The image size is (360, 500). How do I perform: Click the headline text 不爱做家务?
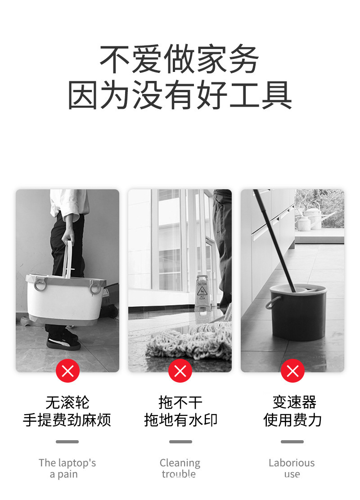tap(180, 60)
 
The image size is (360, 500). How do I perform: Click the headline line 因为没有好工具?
tap(180, 95)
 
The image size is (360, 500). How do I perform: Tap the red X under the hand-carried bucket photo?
tap(67, 371)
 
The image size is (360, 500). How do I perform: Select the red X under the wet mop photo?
tap(180, 371)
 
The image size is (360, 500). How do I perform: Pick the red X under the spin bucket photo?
tap(292, 371)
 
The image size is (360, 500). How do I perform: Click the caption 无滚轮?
tap(67, 402)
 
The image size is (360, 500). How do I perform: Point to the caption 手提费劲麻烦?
tap(67, 420)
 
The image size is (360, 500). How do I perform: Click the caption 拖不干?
tap(180, 402)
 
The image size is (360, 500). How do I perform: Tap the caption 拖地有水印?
tap(180, 420)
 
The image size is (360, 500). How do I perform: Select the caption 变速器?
tap(294, 402)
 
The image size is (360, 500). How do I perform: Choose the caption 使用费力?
tap(292, 420)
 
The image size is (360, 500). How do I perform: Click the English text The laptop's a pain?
tap(67, 468)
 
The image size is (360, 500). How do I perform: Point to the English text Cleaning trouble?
tap(180, 468)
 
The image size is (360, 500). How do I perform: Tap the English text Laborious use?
tap(292, 468)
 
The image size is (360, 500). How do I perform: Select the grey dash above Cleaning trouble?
tap(180, 442)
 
